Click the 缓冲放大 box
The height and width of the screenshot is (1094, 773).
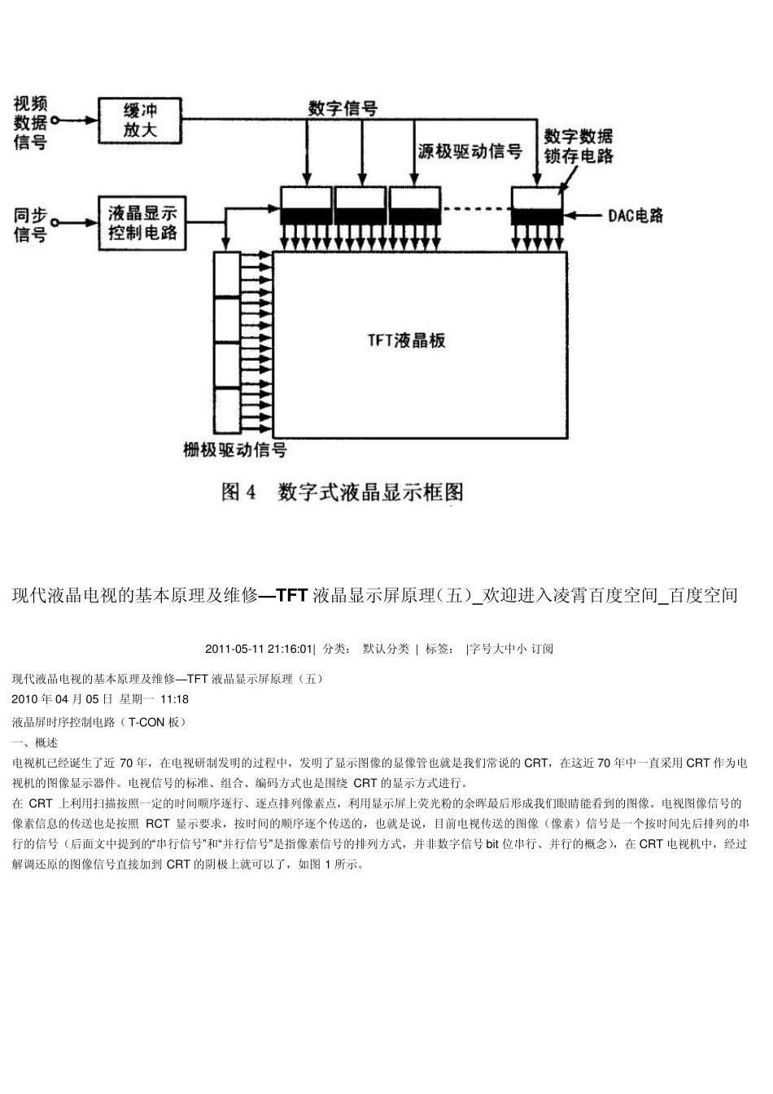point(139,120)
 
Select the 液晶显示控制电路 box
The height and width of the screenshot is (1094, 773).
point(142,223)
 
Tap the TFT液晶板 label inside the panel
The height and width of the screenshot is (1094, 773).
point(407,340)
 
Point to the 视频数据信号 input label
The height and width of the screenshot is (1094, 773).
point(30,123)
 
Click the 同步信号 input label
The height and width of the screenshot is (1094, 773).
point(30,225)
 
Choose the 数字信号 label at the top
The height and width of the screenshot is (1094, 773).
point(343,107)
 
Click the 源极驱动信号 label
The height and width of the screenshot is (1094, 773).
point(469,151)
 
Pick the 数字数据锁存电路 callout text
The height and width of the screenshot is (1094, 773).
point(579,146)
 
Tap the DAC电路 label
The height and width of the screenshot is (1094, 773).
point(635,216)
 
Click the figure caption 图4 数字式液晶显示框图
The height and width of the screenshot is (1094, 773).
point(343,492)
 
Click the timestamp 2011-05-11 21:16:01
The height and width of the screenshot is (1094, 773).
point(259,649)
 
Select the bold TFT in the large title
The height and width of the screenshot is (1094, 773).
point(291,596)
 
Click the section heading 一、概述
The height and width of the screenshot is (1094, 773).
point(35,742)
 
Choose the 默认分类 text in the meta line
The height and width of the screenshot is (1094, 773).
point(386,649)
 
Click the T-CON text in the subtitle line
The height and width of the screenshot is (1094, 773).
point(146,721)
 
